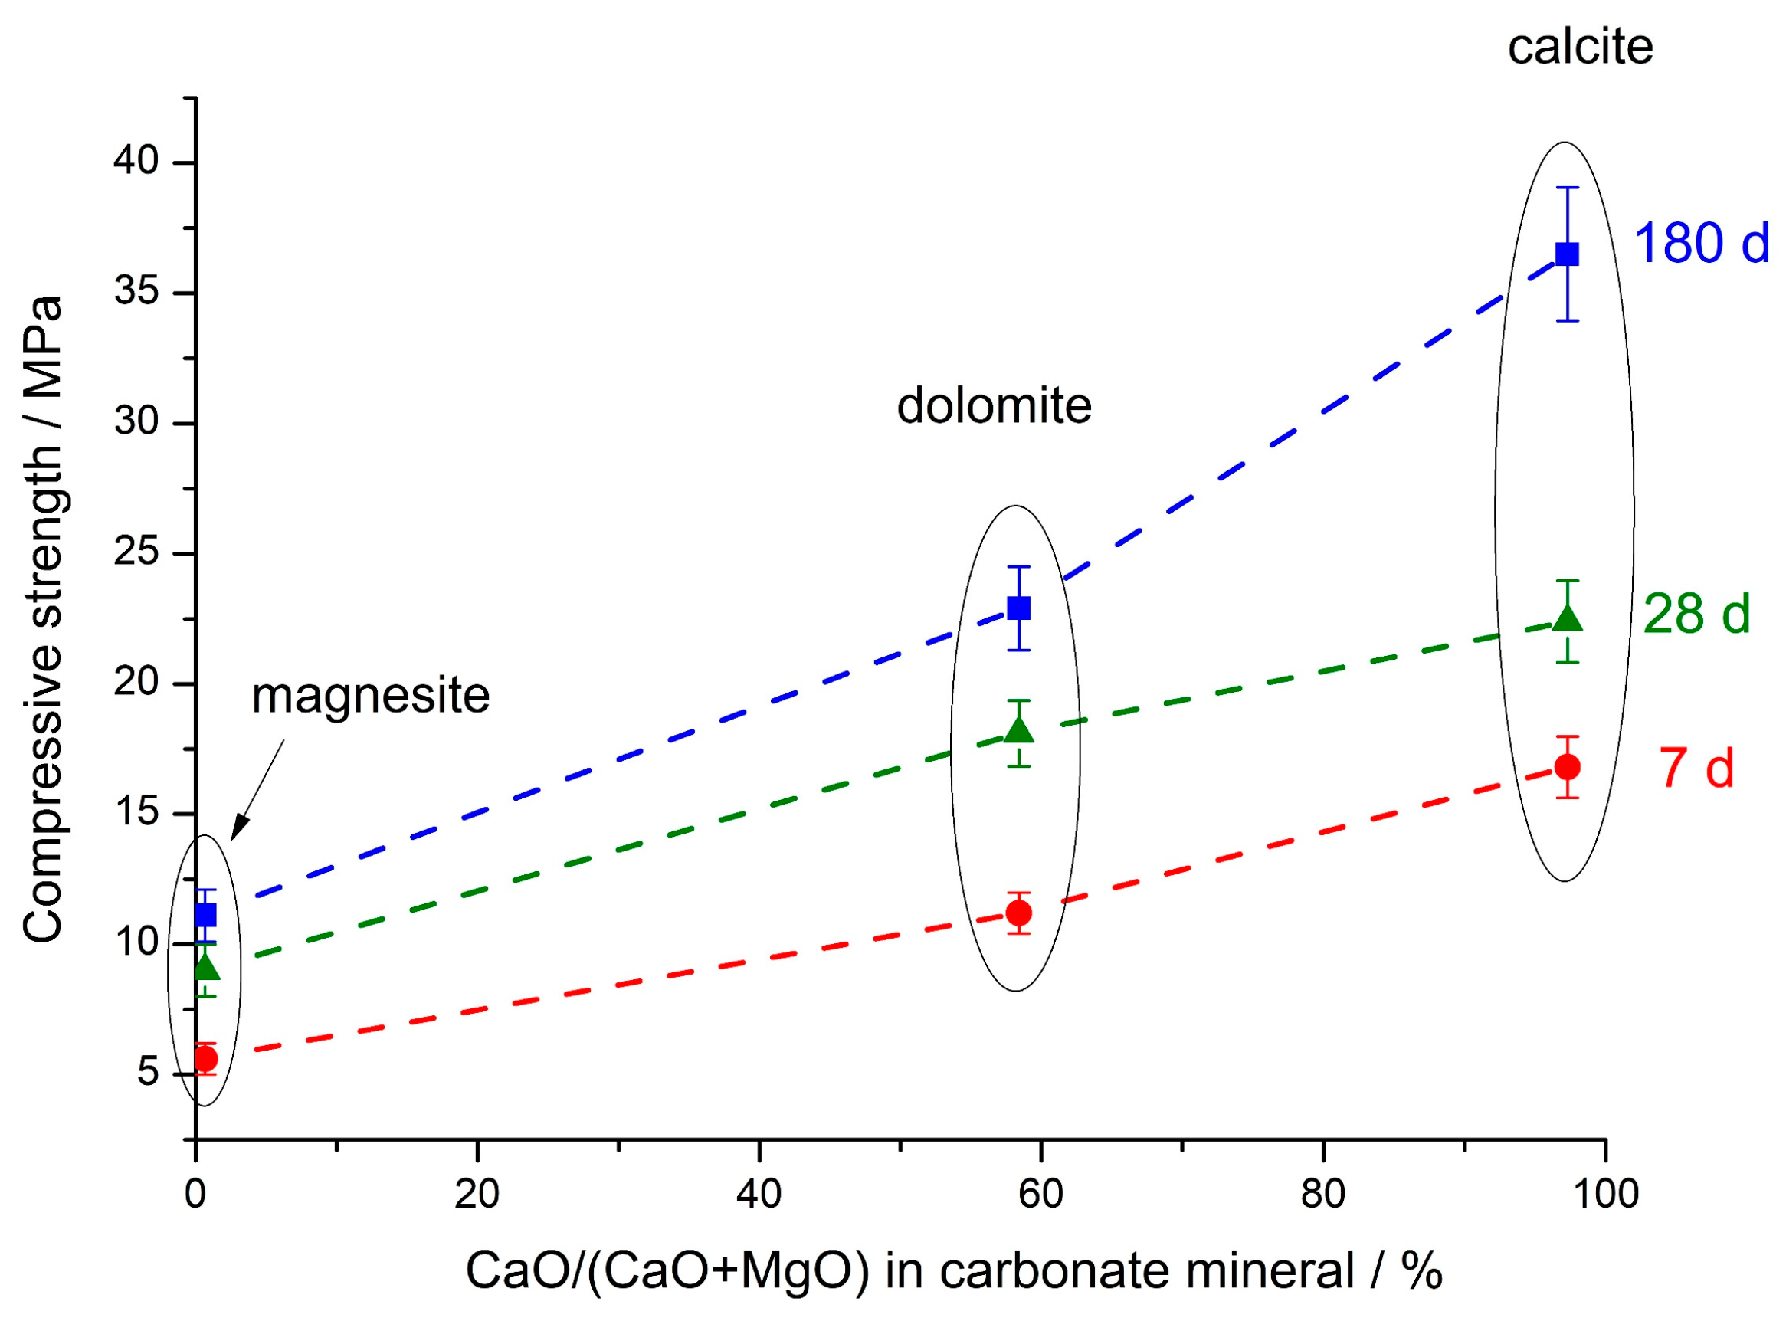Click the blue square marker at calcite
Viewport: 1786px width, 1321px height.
coord(1567,254)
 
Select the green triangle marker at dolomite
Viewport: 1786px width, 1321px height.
coord(1018,730)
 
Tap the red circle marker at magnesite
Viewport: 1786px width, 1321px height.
coord(205,1059)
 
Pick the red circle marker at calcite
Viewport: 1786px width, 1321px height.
coord(1567,767)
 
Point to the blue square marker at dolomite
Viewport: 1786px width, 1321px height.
coord(1018,608)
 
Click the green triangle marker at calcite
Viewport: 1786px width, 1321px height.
coord(1567,618)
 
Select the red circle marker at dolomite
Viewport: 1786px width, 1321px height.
coord(1018,913)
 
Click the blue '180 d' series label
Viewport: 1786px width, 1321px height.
coord(1701,243)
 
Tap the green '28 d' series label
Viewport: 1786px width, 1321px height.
coord(1696,614)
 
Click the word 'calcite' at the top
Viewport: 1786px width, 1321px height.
coord(1580,48)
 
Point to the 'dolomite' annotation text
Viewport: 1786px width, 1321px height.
coord(994,406)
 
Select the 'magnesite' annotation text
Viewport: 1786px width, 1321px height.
coord(370,696)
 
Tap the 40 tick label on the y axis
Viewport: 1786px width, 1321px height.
coord(136,162)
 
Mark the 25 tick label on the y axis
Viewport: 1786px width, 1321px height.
coord(136,552)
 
